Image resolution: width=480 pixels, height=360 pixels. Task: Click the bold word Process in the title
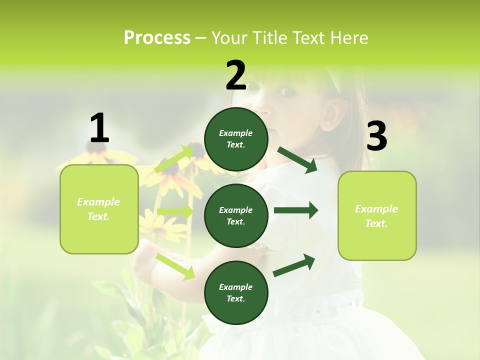(x=157, y=38)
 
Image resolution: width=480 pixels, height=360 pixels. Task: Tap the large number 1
(x=99, y=128)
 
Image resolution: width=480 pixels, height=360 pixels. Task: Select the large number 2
(x=236, y=75)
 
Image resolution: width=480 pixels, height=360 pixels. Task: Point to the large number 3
(x=376, y=136)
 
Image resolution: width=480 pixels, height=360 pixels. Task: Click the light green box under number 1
(x=99, y=209)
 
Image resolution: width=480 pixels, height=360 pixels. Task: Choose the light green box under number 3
(x=377, y=215)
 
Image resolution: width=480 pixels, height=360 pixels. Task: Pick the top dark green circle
(x=236, y=139)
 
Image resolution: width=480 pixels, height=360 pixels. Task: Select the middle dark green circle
(x=236, y=215)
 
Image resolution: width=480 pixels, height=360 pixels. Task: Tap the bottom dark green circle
(x=236, y=292)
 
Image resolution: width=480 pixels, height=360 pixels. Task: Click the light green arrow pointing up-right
(x=174, y=159)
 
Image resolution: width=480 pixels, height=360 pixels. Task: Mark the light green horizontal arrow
(x=175, y=211)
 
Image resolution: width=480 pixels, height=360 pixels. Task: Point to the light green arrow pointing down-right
(x=175, y=266)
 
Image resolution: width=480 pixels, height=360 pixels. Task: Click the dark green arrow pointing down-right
(x=297, y=159)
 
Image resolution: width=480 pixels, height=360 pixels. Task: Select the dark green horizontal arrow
(x=296, y=210)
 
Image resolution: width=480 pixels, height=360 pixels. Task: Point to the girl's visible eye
(x=286, y=91)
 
